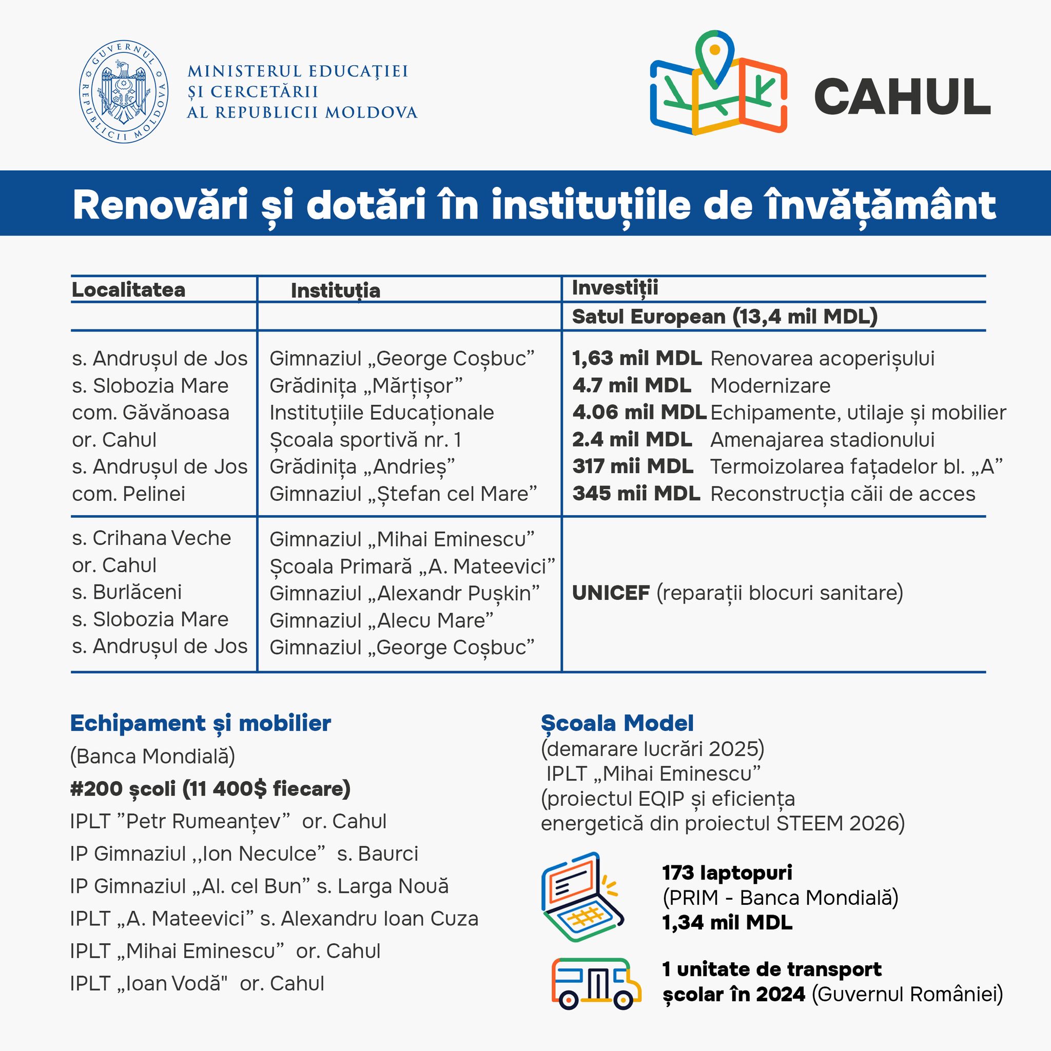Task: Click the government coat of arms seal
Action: click(x=124, y=91)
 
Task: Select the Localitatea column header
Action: click(x=128, y=290)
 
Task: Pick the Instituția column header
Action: click(x=335, y=290)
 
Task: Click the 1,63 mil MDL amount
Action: click(x=636, y=359)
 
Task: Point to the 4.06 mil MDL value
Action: click(x=639, y=413)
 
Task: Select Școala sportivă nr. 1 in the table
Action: click(x=365, y=440)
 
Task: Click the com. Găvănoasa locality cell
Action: click(x=150, y=413)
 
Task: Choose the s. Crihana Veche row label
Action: click(x=151, y=538)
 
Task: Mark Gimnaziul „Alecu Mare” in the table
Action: click(x=381, y=620)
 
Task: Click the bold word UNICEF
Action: click(x=611, y=593)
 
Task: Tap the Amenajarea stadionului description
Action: click(x=822, y=440)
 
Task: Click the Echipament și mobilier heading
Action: click(x=200, y=724)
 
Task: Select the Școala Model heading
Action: click(x=617, y=724)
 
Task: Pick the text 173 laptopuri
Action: click(x=727, y=872)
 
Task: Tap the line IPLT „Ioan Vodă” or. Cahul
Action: click(x=197, y=984)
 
